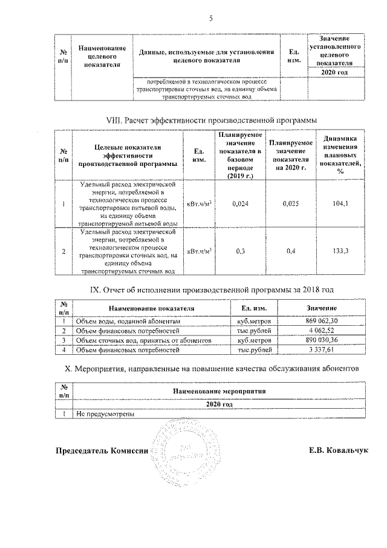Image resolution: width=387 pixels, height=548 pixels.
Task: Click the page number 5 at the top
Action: [x=212, y=18]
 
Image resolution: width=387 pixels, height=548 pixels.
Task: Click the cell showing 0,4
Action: [x=291, y=251]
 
